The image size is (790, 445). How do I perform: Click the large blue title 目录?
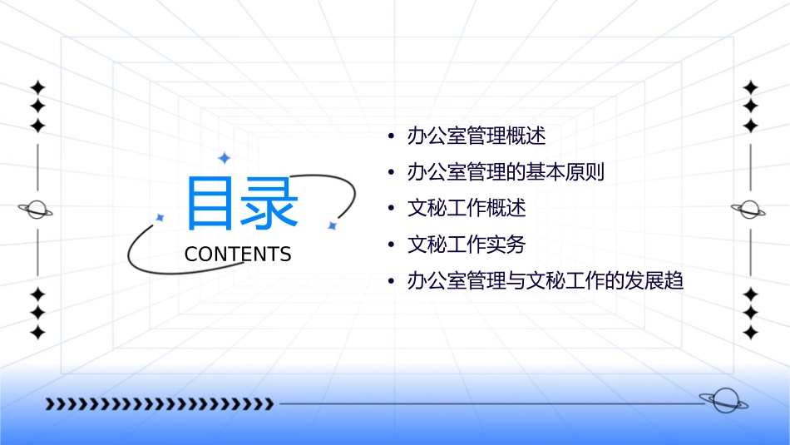pyautogui.click(x=241, y=204)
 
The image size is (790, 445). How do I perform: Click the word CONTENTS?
pyautogui.click(x=238, y=255)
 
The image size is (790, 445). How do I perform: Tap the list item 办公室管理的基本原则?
pyautogui.click(x=505, y=172)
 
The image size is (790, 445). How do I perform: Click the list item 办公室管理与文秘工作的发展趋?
pyautogui.click(x=545, y=281)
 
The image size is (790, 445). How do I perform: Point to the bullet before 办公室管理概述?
pyautogui.click(x=390, y=136)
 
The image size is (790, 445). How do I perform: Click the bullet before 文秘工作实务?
pyautogui.click(x=390, y=245)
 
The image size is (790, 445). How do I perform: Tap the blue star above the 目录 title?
pyautogui.click(x=224, y=158)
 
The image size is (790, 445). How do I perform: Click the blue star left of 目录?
pyautogui.click(x=160, y=217)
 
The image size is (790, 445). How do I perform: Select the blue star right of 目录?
pyautogui.click(x=332, y=225)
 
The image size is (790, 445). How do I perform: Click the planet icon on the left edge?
pyautogui.click(x=37, y=210)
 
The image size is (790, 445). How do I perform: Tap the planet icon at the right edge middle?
pyautogui.click(x=750, y=210)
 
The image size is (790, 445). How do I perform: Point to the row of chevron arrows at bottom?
pyautogui.click(x=159, y=404)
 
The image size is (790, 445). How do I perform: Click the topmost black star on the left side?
pyautogui.click(x=37, y=87)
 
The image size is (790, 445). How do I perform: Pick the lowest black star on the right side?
pyautogui.click(x=750, y=333)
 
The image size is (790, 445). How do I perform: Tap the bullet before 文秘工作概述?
pyautogui.click(x=390, y=208)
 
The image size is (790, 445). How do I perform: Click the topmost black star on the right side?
pyautogui.click(x=750, y=87)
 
